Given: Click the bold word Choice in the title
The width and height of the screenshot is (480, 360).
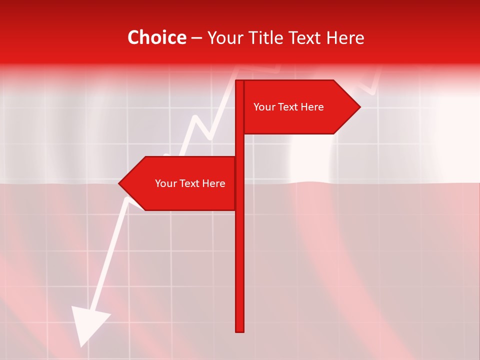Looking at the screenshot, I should (x=156, y=38).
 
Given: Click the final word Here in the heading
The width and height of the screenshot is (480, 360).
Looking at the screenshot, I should (x=345, y=38).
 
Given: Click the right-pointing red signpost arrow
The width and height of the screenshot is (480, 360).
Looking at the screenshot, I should (x=300, y=107).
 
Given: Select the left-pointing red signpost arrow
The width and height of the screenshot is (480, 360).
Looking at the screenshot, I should (x=180, y=183).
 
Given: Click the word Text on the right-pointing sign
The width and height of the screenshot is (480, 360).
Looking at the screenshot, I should (x=289, y=107).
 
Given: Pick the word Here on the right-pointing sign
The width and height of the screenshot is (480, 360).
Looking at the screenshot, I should (x=313, y=107).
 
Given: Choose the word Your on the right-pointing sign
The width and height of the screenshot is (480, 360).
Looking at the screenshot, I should (x=264, y=107).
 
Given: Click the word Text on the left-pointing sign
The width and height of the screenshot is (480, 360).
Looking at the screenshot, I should (x=191, y=183).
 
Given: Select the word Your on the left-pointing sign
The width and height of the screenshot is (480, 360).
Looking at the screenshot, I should (x=166, y=183).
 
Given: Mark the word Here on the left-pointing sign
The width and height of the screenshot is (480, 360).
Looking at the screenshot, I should (x=214, y=183).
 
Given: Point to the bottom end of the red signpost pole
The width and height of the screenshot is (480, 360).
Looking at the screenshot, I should (x=239, y=329).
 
